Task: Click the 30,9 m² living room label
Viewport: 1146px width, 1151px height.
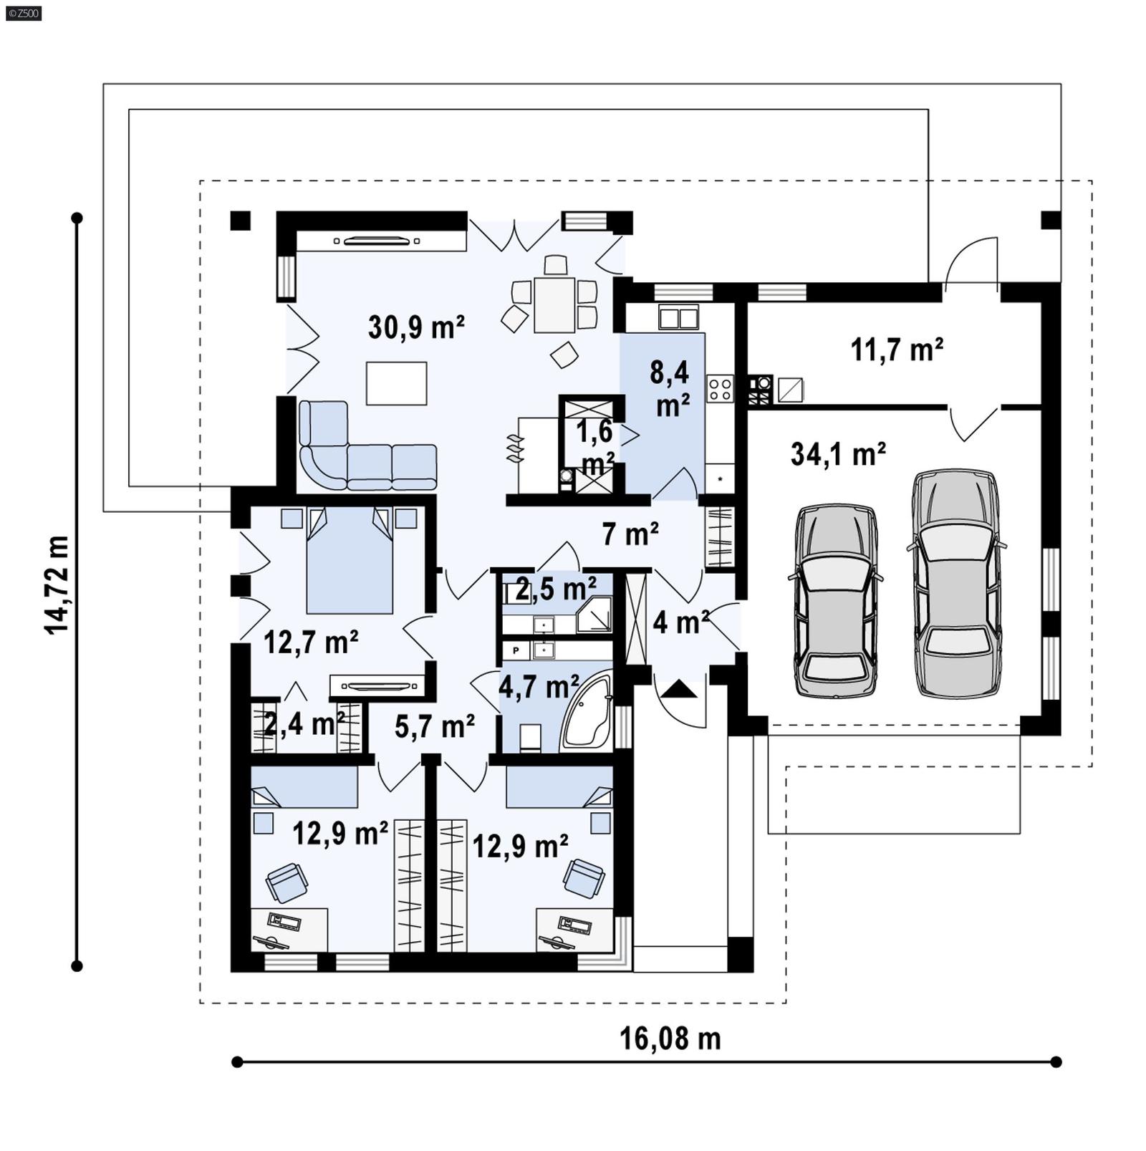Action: pyautogui.click(x=416, y=327)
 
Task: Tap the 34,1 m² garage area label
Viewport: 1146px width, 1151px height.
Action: pyautogui.click(x=838, y=454)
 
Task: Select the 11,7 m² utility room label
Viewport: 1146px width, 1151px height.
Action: pyautogui.click(x=896, y=350)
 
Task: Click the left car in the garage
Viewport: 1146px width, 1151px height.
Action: pyautogui.click(x=836, y=602)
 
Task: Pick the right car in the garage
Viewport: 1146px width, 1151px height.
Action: pyautogui.click(x=956, y=584)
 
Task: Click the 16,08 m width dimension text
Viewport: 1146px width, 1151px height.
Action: pyautogui.click(x=670, y=1039)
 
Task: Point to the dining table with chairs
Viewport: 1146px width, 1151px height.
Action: pyautogui.click(x=554, y=305)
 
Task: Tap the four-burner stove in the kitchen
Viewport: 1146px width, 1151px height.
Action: pyautogui.click(x=719, y=389)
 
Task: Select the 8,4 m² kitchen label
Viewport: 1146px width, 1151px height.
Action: pyautogui.click(x=670, y=389)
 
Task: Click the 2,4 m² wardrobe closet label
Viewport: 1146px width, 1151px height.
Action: pyautogui.click(x=299, y=724)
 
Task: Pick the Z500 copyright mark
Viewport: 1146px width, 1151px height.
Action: pyautogui.click(x=23, y=12)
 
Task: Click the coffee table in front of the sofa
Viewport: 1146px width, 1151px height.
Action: pyautogui.click(x=396, y=383)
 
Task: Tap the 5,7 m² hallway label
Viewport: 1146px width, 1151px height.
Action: pyautogui.click(x=435, y=726)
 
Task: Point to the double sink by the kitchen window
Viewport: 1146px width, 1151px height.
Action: pyautogui.click(x=678, y=317)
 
